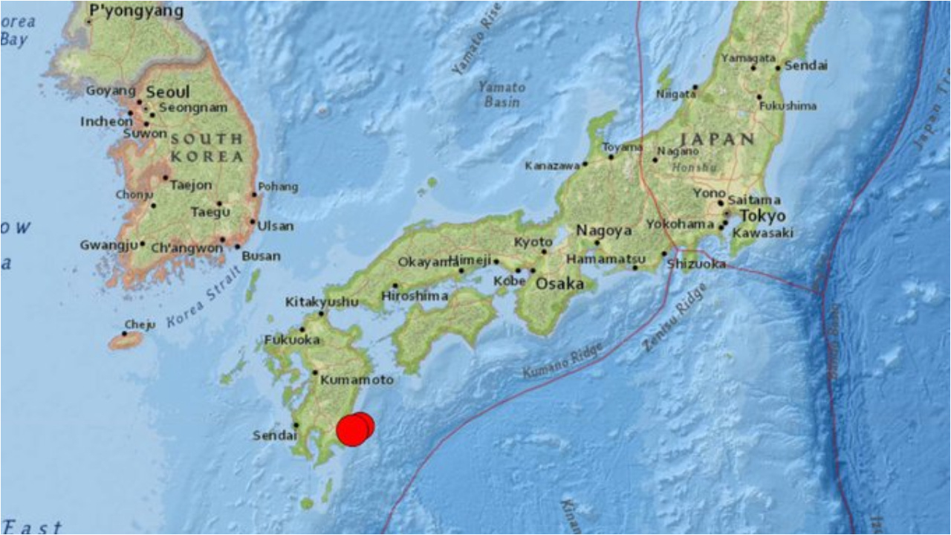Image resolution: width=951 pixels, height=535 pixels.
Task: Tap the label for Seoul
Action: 168,93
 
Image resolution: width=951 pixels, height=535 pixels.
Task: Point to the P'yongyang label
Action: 136,11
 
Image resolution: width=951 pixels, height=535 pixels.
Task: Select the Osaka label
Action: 556,283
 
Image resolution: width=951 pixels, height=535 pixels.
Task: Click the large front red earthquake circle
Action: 352,430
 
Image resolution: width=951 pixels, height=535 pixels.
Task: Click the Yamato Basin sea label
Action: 502,94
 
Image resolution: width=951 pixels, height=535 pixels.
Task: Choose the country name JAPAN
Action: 717,139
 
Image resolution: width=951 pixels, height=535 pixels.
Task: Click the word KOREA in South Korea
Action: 207,157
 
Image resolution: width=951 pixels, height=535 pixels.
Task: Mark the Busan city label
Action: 261,256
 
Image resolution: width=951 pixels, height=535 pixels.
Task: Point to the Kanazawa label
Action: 552,166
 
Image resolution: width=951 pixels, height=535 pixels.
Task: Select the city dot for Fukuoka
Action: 302,329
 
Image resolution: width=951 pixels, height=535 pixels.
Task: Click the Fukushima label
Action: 788,106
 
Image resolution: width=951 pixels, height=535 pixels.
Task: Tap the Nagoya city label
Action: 604,230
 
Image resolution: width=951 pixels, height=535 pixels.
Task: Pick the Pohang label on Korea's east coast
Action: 279,187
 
